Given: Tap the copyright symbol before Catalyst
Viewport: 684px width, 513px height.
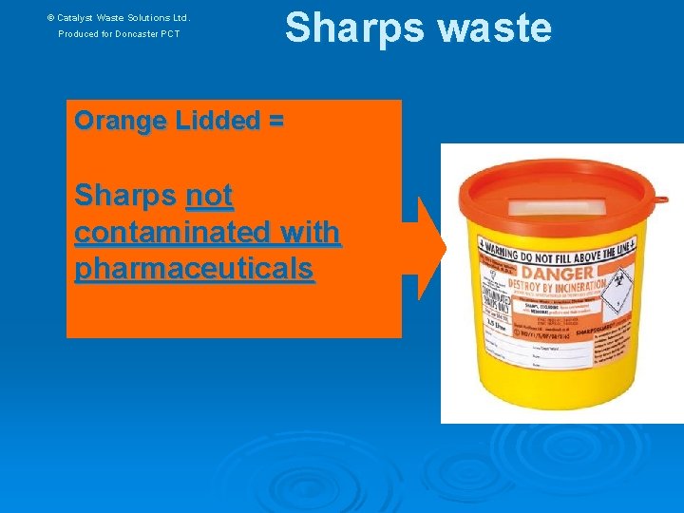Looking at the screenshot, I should pyautogui.click(x=51, y=17).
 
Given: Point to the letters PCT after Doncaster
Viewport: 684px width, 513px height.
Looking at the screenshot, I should pyautogui.click(x=169, y=34).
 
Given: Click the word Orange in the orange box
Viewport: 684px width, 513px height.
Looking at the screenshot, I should pyautogui.click(x=119, y=122).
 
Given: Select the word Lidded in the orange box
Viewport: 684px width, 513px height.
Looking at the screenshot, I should pyautogui.click(x=213, y=122).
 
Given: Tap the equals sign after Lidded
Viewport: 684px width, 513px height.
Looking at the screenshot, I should pyautogui.click(x=275, y=122).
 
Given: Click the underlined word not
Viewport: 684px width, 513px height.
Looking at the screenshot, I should pyautogui.click(x=209, y=197).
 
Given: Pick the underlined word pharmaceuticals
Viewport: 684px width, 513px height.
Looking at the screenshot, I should pyautogui.click(x=193, y=269).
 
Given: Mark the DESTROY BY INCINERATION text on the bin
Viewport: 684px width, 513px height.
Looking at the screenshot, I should pyautogui.click(x=559, y=285).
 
